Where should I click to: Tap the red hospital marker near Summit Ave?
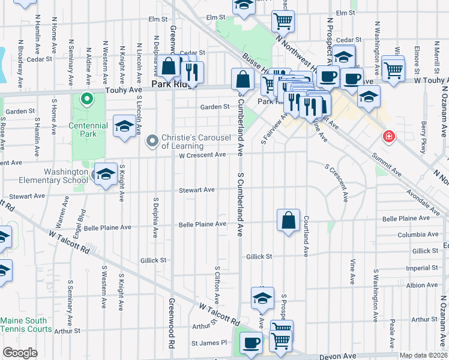click(x=390, y=137)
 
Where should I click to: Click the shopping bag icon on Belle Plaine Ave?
click(x=289, y=220)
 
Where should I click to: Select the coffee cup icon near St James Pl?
click(x=251, y=343)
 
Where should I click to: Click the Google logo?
click(x=20, y=353)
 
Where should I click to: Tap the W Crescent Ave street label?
click(x=202, y=155)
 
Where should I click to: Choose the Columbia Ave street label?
click(x=418, y=235)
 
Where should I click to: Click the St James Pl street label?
click(x=210, y=343)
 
